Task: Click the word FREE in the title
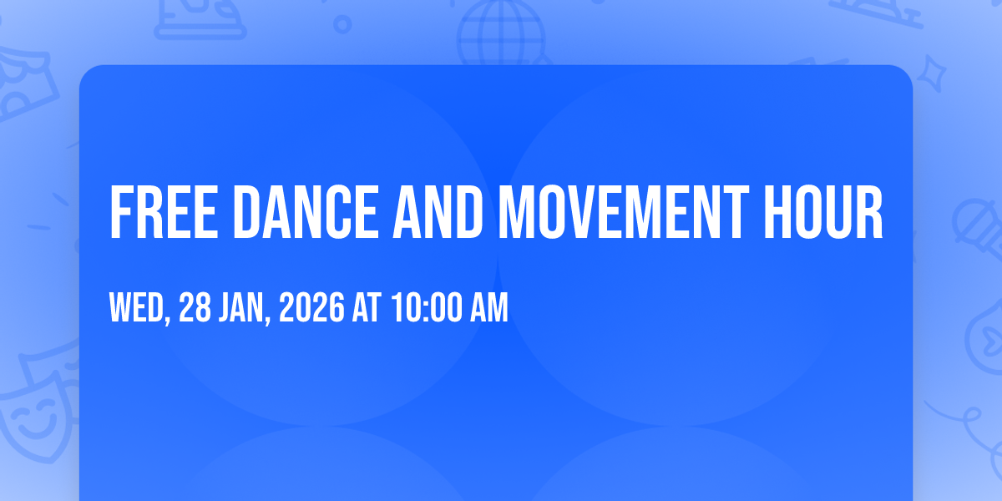164,212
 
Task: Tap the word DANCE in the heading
306,212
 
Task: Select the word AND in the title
438,212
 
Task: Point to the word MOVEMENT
624,212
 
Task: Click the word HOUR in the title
823,212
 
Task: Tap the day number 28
195,307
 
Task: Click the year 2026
311,307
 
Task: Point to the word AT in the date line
367,307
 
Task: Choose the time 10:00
427,307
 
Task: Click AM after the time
489,307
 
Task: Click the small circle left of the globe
342,24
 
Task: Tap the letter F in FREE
122,212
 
